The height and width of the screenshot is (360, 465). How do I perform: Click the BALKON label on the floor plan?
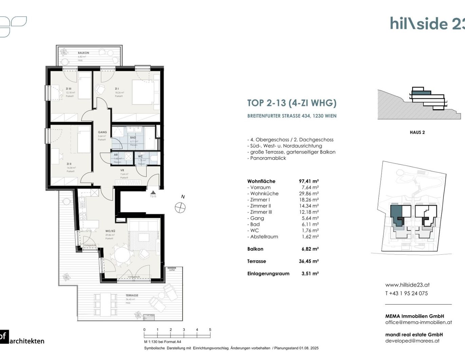(83, 53)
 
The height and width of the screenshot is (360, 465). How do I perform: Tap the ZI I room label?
(117, 89)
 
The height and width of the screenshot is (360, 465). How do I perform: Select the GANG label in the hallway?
(102, 132)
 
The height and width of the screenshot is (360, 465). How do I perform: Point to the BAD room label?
(133, 138)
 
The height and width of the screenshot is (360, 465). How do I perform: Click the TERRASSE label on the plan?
(132, 295)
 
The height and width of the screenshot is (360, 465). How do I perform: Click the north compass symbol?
(180, 207)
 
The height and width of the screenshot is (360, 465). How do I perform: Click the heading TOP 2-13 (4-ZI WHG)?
(292, 103)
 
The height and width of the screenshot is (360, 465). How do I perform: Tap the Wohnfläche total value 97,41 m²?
(309, 181)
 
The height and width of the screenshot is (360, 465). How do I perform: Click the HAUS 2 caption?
(417, 132)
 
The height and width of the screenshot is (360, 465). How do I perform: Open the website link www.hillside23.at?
(407, 285)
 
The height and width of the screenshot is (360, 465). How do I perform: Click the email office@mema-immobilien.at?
(418, 322)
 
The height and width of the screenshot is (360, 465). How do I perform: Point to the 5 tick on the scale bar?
(210, 330)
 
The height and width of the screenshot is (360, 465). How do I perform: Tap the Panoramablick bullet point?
(268, 158)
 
